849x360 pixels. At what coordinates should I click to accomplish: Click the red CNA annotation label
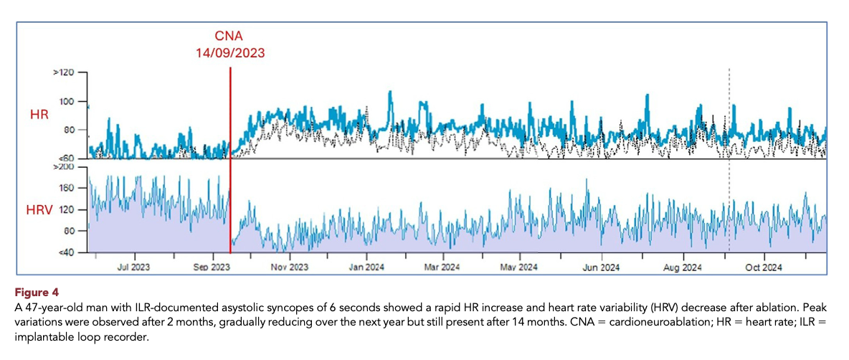click(230, 37)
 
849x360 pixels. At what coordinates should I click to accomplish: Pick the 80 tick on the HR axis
click(67, 130)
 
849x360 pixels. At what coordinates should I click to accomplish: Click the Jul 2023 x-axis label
click(134, 267)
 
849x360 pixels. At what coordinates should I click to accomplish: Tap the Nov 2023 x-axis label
click(290, 267)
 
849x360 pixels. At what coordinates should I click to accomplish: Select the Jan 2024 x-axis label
click(366, 267)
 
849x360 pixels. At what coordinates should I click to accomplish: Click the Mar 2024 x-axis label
click(443, 267)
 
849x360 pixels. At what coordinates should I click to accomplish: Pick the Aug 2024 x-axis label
click(682, 267)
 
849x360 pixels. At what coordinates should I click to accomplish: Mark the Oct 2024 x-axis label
click(762, 267)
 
